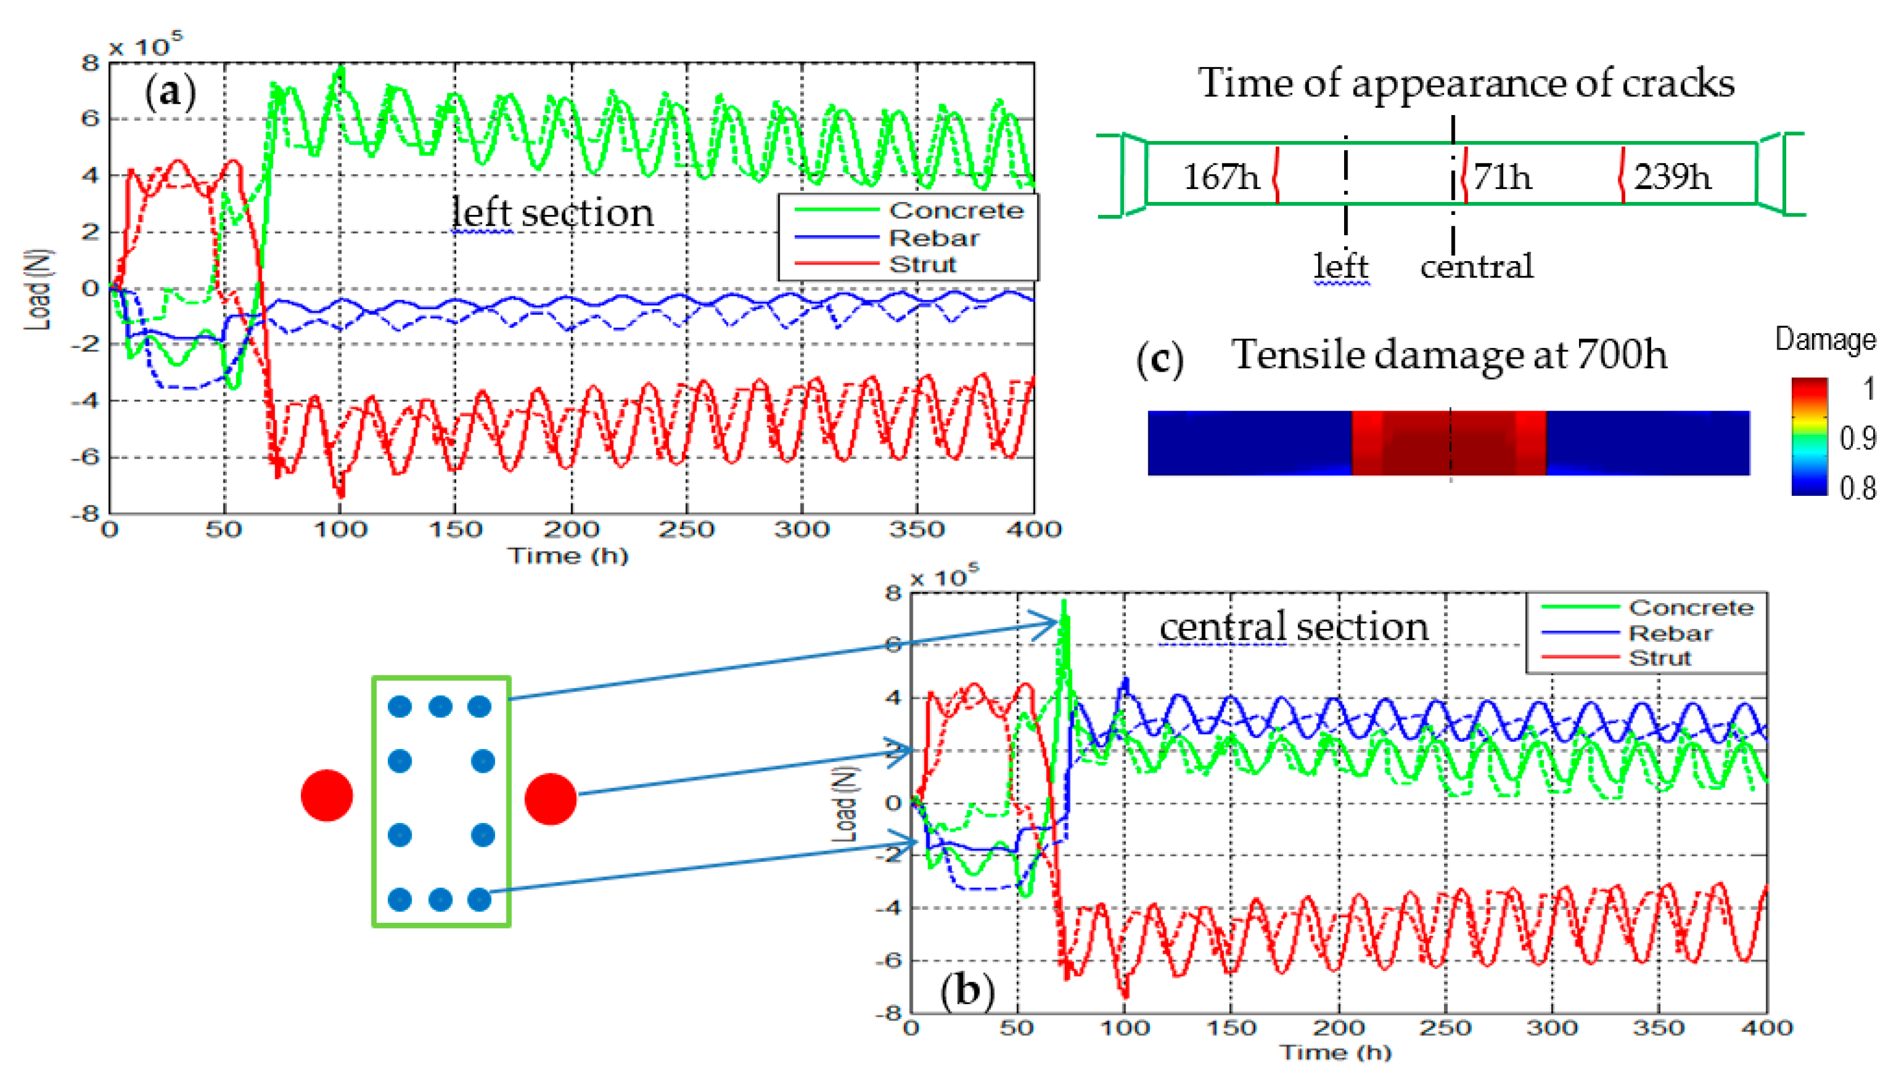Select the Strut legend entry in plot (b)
[1659, 658]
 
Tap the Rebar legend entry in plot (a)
[934, 238]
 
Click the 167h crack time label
[1221, 177]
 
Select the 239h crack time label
[1672, 177]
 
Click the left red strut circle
[327, 796]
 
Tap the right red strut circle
[551, 799]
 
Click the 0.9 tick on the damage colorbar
[1857, 439]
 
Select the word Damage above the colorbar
[1825, 340]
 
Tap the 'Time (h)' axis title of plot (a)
[568, 556]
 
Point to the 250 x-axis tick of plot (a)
[686, 530]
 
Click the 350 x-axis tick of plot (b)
[1660, 1029]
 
